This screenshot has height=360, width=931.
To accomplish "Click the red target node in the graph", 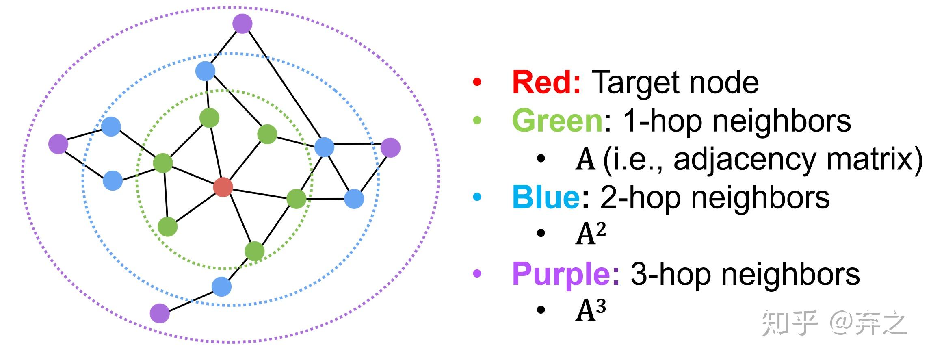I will [x=223, y=187].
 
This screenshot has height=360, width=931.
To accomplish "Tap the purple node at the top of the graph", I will [x=242, y=23].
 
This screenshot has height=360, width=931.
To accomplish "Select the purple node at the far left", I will [x=58, y=144].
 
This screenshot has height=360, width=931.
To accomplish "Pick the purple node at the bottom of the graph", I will [x=160, y=313].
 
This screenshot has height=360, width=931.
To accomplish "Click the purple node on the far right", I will [x=390, y=147].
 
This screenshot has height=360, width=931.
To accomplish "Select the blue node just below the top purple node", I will [x=205, y=71].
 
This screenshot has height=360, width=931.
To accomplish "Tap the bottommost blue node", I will [x=222, y=286].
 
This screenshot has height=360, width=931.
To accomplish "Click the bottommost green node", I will [x=255, y=252].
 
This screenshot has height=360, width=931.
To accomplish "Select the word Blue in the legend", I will [x=546, y=197].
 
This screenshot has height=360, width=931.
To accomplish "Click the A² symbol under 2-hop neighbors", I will [x=590, y=234].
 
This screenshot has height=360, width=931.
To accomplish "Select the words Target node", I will [x=675, y=82].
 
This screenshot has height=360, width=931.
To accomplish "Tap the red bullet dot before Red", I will [x=477, y=82].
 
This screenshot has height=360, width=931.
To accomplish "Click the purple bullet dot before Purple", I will [x=477, y=273].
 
